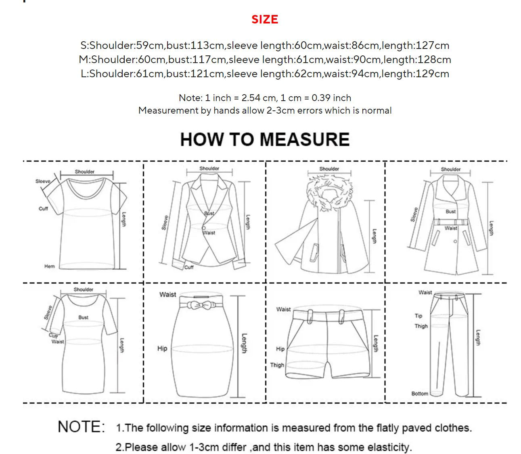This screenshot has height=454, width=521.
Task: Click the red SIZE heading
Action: tap(265, 19)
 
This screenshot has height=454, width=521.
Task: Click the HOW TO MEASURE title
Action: tap(265, 139)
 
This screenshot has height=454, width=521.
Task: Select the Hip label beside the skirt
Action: tap(162, 348)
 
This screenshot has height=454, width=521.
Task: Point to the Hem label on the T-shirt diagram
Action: tap(50, 266)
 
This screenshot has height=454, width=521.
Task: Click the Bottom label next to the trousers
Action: tap(420, 393)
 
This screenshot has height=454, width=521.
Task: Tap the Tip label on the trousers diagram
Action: tap(418, 316)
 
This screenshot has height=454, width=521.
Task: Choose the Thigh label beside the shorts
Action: tap(277, 365)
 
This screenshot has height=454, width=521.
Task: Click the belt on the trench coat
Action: tap(451, 222)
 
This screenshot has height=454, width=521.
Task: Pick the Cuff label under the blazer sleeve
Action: tap(189, 267)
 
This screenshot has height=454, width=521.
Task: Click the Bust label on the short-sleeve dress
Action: tap(83, 317)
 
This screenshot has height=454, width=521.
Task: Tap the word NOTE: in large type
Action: tap(82, 427)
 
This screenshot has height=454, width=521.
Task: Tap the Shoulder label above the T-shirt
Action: tap(85, 172)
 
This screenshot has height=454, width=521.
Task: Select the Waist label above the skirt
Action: tap(167, 295)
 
